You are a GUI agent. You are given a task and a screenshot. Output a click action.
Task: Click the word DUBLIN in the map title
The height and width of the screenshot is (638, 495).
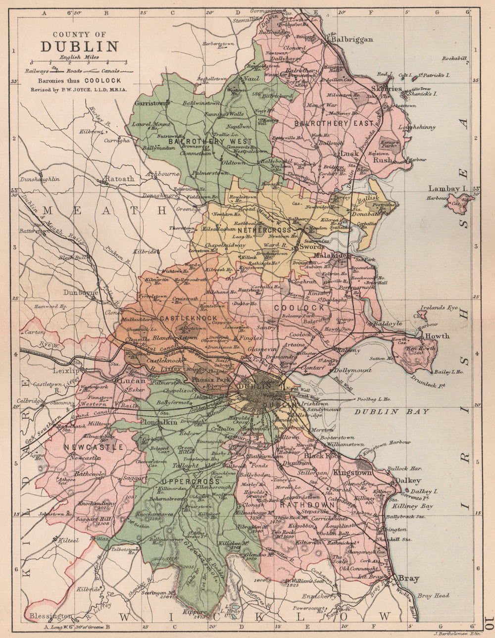click(x=79, y=47)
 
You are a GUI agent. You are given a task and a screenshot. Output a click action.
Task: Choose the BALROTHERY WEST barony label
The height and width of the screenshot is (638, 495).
click(x=210, y=141)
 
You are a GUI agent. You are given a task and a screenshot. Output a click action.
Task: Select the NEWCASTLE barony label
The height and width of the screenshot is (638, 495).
click(x=93, y=447)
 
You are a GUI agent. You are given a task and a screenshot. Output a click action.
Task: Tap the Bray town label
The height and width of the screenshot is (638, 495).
click(x=409, y=579)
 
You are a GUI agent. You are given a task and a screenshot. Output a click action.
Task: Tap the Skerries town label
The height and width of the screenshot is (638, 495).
click(x=387, y=88)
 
